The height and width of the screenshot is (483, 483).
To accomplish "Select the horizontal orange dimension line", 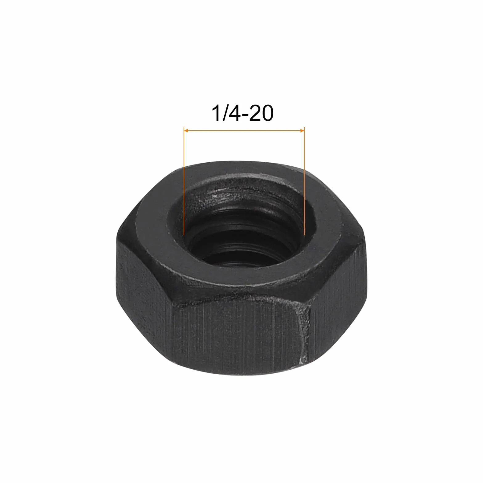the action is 244,131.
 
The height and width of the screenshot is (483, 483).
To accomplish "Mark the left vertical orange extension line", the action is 184,181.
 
